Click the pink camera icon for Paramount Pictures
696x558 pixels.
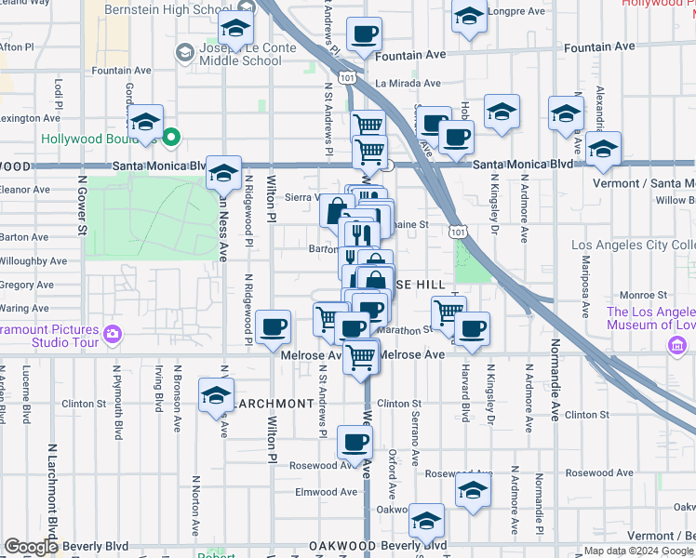113,332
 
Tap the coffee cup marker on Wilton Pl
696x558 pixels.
274,327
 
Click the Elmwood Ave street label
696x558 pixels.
326,492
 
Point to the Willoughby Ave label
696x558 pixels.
33,261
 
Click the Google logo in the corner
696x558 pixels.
31,547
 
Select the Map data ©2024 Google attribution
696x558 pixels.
638,551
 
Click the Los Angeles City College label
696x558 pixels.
633,246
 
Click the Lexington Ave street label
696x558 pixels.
31,118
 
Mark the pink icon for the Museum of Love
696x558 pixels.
676,346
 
